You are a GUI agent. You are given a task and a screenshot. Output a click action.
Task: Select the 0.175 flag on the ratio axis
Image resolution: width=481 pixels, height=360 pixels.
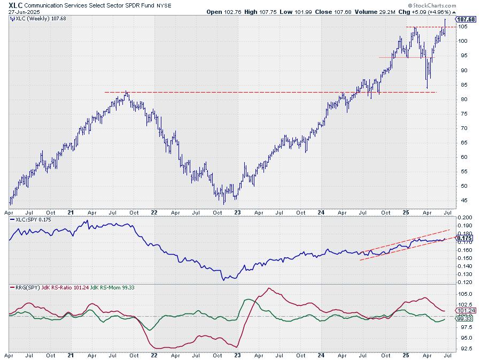[465, 239]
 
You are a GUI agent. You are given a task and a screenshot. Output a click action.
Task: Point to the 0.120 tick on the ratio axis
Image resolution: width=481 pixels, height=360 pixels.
[464, 282]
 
